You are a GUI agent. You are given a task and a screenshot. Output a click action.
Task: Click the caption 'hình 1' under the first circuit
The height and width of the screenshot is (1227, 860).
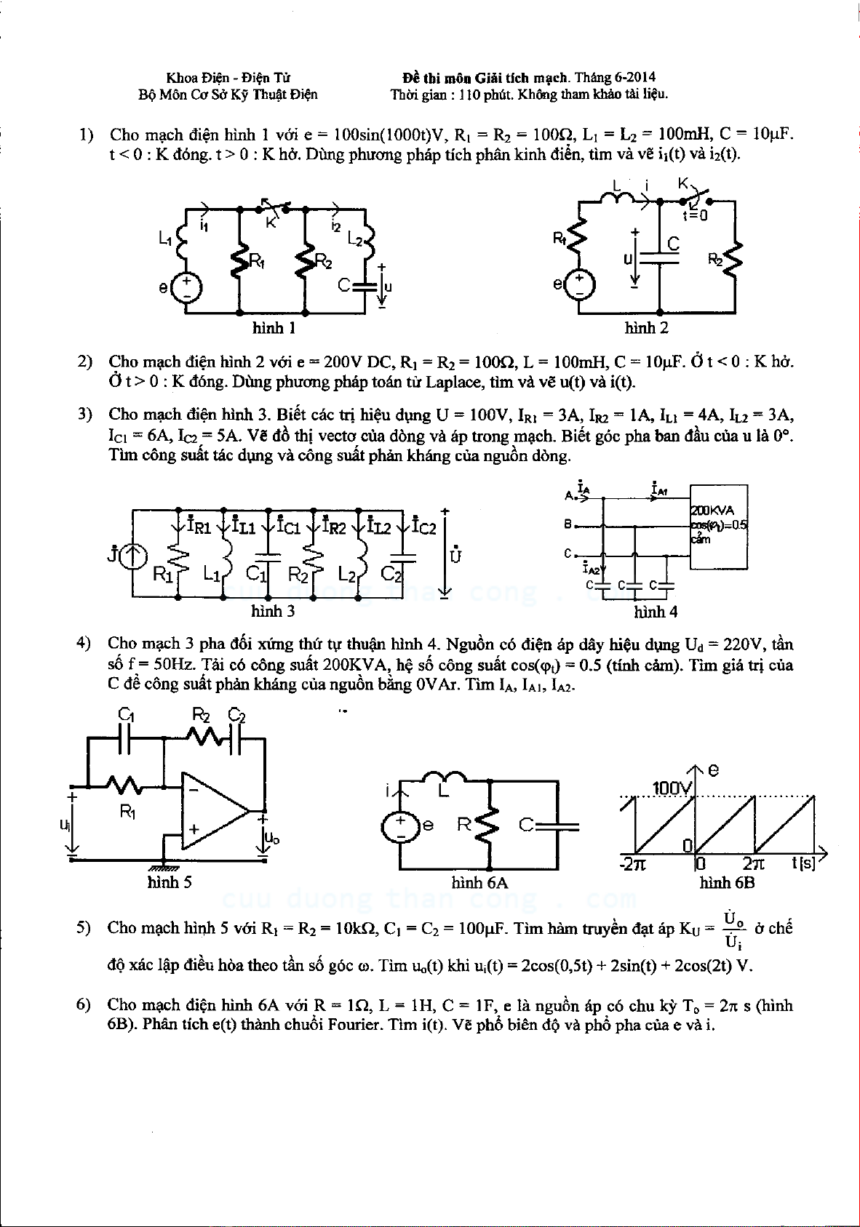tap(273, 329)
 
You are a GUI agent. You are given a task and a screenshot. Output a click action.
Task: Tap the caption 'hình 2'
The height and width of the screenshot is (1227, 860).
tap(646, 329)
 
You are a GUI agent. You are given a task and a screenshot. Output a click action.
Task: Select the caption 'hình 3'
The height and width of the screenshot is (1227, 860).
tap(273, 611)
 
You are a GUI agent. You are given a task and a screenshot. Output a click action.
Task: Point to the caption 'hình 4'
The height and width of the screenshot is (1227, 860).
tap(655, 612)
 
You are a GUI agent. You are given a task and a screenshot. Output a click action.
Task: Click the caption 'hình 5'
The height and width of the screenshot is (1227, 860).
tap(170, 883)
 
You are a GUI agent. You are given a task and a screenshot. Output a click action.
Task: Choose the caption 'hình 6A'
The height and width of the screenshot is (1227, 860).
tap(479, 883)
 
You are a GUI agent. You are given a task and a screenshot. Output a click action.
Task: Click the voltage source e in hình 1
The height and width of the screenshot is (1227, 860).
tap(186, 287)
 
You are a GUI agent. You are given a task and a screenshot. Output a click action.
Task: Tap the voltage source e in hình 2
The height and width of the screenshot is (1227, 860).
tap(580, 284)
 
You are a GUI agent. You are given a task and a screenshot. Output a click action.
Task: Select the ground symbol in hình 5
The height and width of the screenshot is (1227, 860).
tap(164, 866)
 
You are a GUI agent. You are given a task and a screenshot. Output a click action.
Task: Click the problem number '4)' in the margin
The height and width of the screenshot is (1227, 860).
tap(84, 643)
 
